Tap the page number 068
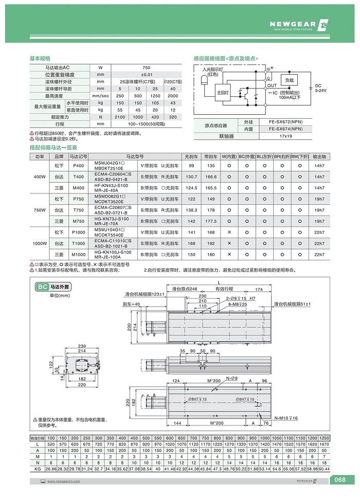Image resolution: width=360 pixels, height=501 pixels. pyautogui.click(x=339, y=480)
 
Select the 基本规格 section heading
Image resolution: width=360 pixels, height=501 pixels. pyautogui.click(x=40, y=59)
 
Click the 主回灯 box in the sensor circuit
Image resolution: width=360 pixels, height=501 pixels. pyautogui.click(x=223, y=92)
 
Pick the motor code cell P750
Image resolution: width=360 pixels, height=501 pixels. pyautogui.click(x=79, y=199)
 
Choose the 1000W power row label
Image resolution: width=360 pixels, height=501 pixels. pyautogui.click(x=40, y=243)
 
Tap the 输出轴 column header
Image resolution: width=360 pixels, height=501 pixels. pyautogui.click(x=319, y=156)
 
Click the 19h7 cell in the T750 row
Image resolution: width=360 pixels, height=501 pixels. pyautogui.click(x=319, y=210)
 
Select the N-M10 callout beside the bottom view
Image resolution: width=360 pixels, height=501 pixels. pyautogui.click(x=285, y=418)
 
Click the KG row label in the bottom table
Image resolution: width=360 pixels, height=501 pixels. pyautogui.click(x=37, y=469)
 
